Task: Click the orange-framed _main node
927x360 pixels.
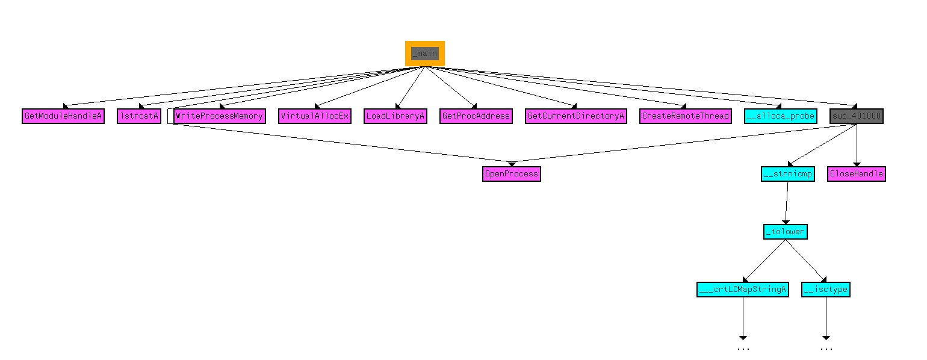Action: point(424,54)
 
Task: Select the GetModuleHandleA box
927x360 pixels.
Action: point(63,116)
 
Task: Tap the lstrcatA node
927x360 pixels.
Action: point(139,116)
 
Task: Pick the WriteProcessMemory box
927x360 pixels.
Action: point(219,116)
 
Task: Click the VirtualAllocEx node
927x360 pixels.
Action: point(315,116)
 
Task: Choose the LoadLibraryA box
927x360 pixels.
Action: point(395,116)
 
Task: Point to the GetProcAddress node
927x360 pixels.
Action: point(476,116)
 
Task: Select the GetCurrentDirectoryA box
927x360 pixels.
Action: point(576,116)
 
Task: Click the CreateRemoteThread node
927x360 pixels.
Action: point(686,116)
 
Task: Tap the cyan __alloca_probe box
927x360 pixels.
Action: point(781,116)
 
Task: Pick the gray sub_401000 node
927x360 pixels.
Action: point(856,116)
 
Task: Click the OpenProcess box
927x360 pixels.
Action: point(511,174)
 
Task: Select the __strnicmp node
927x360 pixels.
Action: point(787,174)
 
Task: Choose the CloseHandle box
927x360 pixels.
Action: point(856,174)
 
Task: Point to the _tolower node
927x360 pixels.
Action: point(785,231)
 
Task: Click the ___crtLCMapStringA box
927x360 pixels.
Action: point(742,290)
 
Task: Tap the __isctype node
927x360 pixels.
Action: point(826,290)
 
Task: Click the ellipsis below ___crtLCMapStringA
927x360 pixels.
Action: point(743,349)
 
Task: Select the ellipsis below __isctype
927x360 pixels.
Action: point(826,349)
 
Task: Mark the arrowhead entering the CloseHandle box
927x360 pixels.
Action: point(857,164)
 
